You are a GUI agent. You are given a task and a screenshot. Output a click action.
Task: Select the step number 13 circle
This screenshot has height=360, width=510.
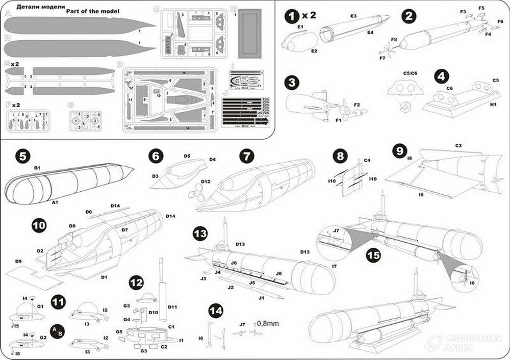tap(200, 235)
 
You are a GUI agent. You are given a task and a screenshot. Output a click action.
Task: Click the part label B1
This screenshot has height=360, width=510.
tap(37, 167)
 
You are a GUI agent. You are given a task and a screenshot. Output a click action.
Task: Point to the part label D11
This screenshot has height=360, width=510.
tap(171, 307)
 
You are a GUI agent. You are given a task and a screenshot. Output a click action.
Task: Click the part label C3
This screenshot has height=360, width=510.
tap(458, 146)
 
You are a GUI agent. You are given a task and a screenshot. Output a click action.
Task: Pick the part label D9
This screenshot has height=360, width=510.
tap(18, 261)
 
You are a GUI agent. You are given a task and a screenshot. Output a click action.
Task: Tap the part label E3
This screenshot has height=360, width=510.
tap(353, 16)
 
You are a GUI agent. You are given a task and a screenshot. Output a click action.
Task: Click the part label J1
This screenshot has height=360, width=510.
tap(262, 297)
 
